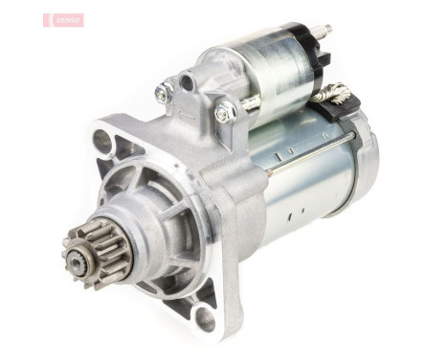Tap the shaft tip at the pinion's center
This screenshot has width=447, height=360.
pyautogui.click(x=78, y=257)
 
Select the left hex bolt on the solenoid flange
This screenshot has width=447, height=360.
pyautogui.click(x=164, y=93)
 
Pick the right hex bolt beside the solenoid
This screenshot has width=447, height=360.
pyautogui.click(x=225, y=113)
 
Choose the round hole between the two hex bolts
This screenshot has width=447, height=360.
pyautogui.click(x=188, y=84)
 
